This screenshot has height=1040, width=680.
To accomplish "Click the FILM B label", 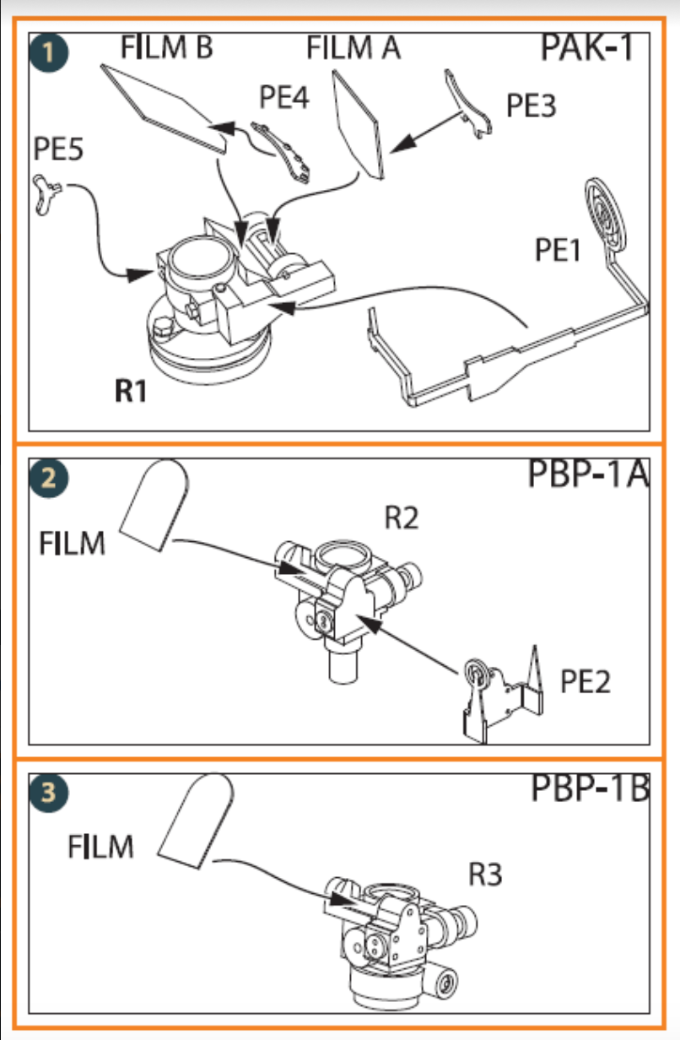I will point(166,47).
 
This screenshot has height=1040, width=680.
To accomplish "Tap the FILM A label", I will point(353,49).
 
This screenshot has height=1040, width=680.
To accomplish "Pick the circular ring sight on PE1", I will point(605,211).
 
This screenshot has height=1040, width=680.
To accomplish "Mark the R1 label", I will point(131,392).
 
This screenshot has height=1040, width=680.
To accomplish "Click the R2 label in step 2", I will point(402,517).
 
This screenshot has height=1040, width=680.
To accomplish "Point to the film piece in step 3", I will point(197,821).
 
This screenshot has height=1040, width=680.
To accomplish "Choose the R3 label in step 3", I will point(485,875).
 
